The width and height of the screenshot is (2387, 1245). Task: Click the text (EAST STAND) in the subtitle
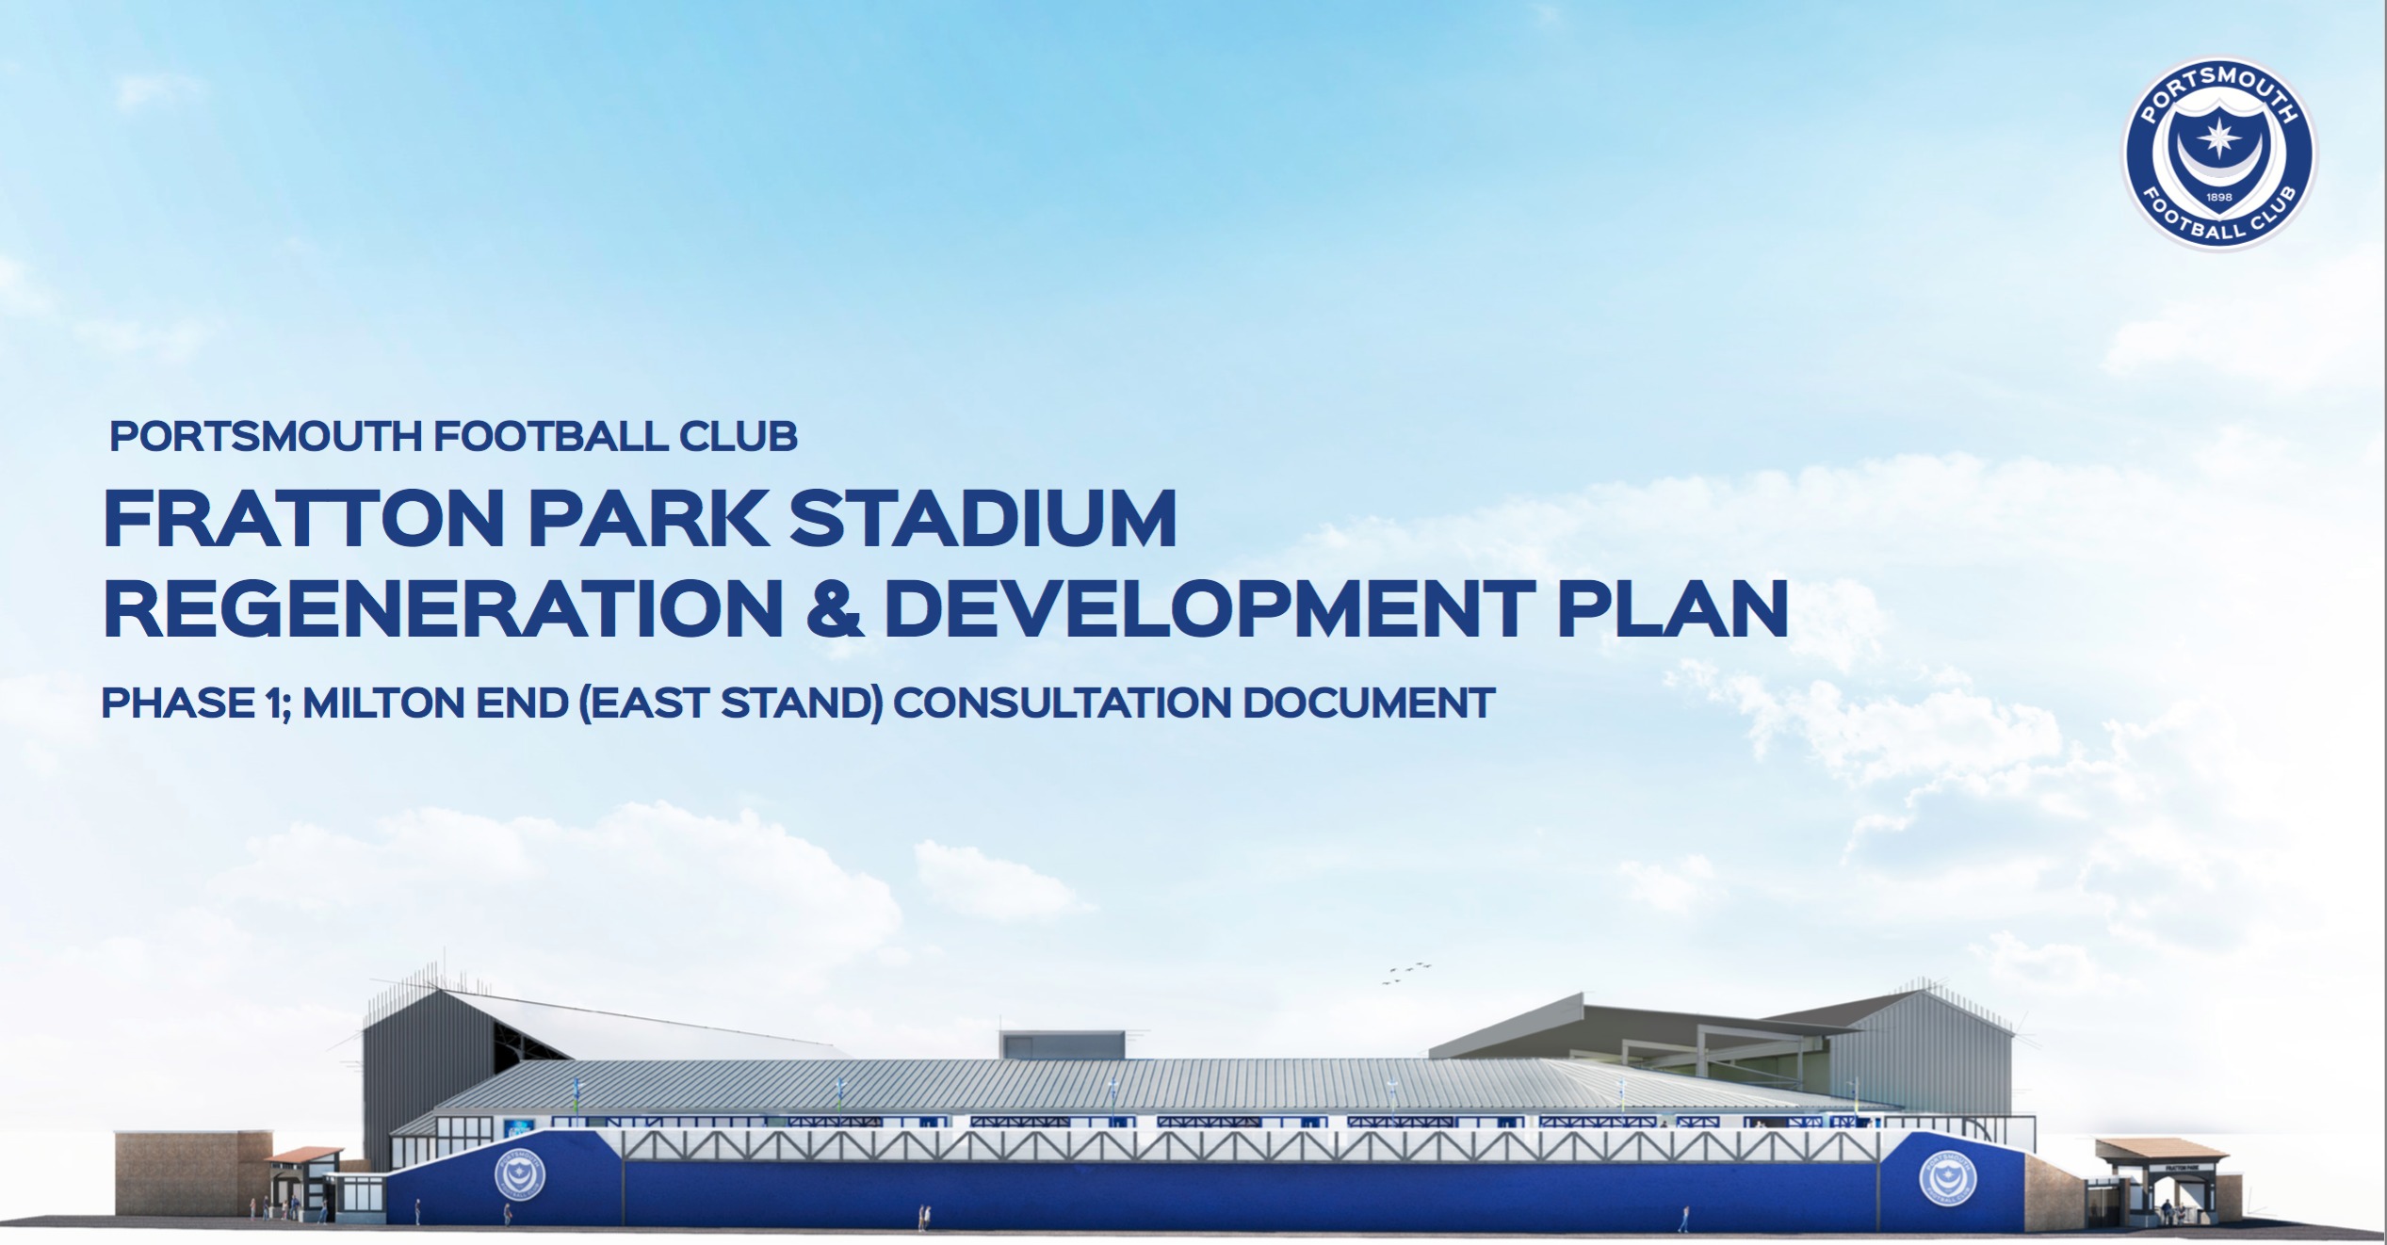click(x=730, y=703)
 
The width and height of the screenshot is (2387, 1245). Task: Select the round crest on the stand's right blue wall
click(x=1948, y=1178)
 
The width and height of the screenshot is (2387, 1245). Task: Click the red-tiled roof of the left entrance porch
click(x=304, y=1155)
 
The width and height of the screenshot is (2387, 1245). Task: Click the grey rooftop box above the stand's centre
click(x=1062, y=1044)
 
